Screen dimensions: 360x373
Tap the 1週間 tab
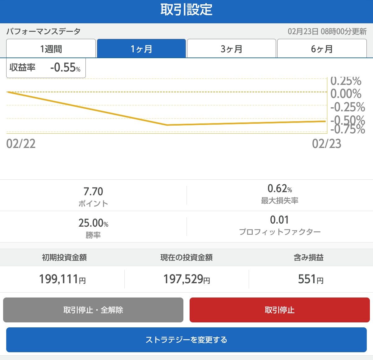51,49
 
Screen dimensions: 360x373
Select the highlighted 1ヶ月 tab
141,49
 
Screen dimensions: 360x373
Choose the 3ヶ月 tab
231,49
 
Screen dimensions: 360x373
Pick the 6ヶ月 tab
322,49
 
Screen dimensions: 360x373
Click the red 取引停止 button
279,310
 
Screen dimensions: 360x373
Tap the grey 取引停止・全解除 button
93,310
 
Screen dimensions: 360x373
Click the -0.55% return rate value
65,67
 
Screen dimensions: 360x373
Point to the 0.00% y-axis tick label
346,94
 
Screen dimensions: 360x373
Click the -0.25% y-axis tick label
347,107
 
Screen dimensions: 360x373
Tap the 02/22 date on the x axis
21,144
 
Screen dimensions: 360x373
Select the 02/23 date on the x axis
326,144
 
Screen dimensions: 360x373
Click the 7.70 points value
93,192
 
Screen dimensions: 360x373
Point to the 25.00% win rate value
93,223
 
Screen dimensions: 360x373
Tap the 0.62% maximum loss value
280,188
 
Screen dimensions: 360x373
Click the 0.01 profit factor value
279,220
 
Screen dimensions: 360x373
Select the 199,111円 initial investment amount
62,279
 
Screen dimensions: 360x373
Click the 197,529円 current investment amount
186,279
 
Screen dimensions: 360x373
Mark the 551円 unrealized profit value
311,279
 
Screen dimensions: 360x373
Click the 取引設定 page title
186,10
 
